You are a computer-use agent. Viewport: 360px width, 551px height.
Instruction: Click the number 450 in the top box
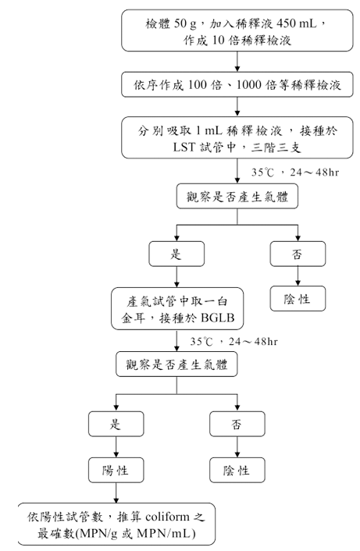(x=287, y=23)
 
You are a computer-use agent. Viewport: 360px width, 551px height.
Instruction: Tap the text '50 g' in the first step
(x=185, y=24)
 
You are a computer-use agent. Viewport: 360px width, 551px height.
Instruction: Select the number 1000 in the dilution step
(x=248, y=85)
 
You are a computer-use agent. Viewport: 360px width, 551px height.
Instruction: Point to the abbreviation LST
(x=184, y=147)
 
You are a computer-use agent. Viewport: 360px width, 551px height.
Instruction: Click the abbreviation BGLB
(x=218, y=318)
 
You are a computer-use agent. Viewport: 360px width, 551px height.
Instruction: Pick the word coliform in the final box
(x=167, y=517)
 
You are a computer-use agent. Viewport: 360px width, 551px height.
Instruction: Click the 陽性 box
(x=116, y=470)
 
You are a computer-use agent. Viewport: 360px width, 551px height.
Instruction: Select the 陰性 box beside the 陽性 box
(x=237, y=470)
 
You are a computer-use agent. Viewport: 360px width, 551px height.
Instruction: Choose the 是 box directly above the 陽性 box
(x=116, y=424)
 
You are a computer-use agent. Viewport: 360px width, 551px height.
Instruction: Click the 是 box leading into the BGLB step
(x=176, y=254)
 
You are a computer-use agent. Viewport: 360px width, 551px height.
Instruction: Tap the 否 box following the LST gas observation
(x=298, y=254)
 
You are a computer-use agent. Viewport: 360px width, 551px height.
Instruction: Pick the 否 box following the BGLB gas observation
(x=237, y=424)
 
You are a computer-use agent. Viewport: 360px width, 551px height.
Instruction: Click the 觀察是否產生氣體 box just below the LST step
(x=237, y=196)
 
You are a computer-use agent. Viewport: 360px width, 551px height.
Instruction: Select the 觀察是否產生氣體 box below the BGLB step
(x=176, y=364)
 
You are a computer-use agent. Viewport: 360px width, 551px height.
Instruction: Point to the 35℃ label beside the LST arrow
(x=262, y=172)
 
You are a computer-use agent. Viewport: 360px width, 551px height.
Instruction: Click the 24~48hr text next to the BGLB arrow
(x=254, y=341)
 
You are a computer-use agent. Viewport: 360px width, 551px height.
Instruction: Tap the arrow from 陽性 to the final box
(x=116, y=492)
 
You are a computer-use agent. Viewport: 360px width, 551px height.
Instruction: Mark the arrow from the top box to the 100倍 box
(x=237, y=62)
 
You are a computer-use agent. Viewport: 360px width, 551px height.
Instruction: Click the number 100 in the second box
(x=198, y=85)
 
